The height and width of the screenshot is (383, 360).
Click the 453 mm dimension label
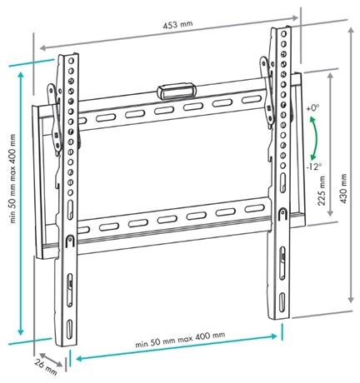[x=177, y=25]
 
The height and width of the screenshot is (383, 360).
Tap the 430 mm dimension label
[x=343, y=188]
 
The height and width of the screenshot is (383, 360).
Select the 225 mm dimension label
[x=322, y=191]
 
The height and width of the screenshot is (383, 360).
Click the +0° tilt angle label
[x=312, y=108]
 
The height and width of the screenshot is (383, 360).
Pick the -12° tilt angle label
[x=314, y=167]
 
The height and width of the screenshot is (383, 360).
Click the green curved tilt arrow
[x=314, y=138]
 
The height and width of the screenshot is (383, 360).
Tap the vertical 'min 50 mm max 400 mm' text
[x=12, y=179]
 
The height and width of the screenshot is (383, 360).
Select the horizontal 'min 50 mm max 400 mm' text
[x=180, y=340]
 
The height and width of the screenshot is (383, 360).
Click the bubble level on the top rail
[x=176, y=91]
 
